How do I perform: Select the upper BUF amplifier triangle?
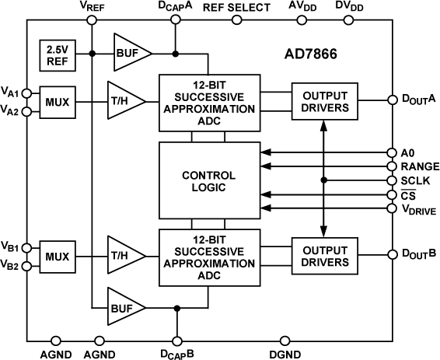129,54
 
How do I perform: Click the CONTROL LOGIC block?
208,180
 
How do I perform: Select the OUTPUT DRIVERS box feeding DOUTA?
325,100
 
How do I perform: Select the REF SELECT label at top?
236,8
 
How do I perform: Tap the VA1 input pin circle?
27,93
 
